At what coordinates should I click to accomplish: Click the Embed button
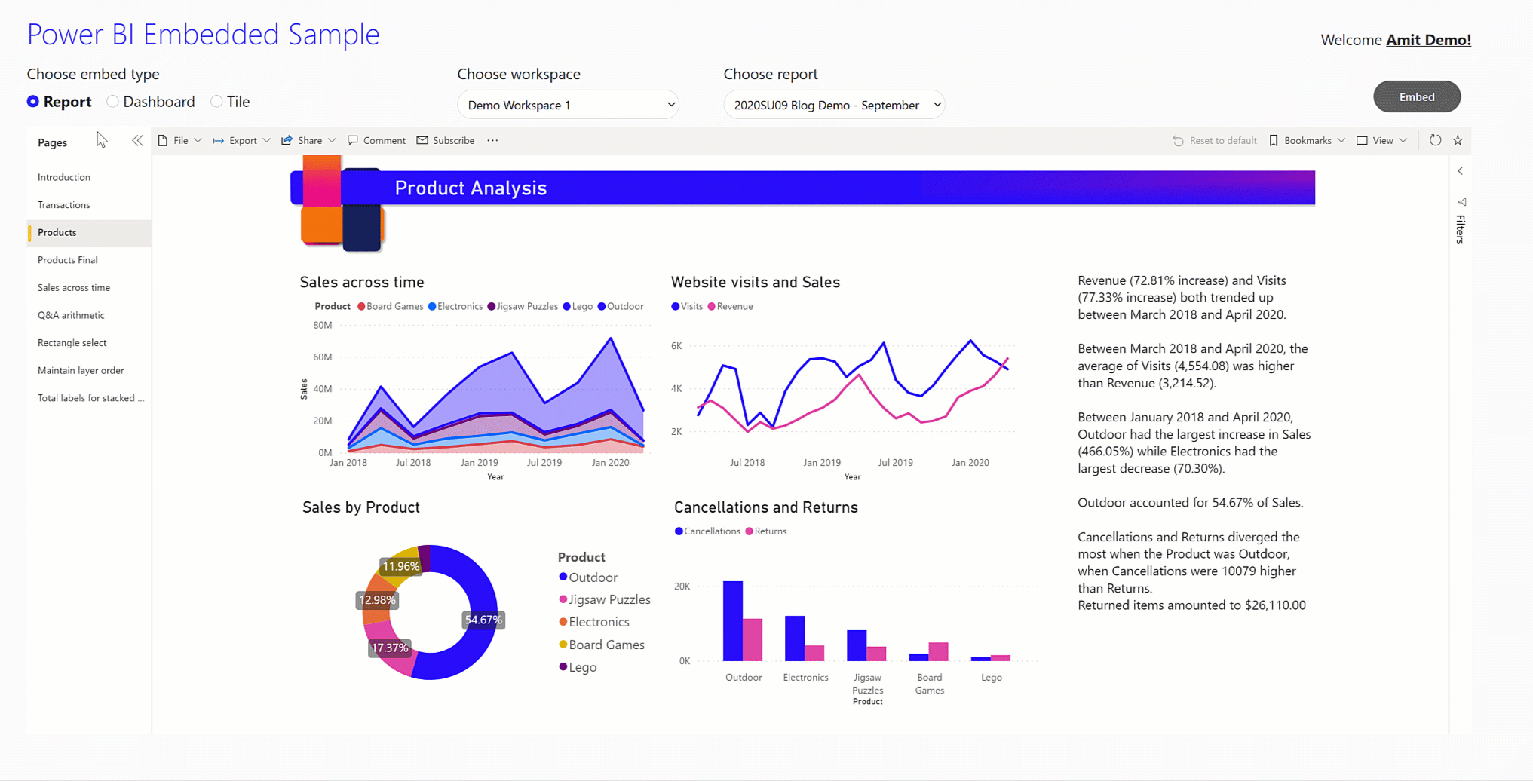[x=1416, y=96]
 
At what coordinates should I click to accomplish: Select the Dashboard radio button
[x=113, y=101]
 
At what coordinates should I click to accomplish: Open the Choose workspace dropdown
[x=568, y=105]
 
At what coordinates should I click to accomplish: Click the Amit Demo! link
[x=1428, y=40]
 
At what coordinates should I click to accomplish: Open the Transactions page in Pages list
[x=64, y=205]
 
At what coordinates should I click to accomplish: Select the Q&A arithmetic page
[x=71, y=315]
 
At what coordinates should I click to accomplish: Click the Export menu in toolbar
[x=242, y=141]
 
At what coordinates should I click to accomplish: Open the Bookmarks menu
[x=1307, y=141]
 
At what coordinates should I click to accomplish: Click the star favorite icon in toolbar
[x=1458, y=141]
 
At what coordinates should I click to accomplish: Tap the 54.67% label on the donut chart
[x=483, y=620]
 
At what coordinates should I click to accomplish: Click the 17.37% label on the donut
[x=389, y=648]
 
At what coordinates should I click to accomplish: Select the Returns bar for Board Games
[x=938, y=651]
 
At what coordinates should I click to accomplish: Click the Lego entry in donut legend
[x=582, y=667]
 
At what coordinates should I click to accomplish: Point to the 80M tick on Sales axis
[x=322, y=325]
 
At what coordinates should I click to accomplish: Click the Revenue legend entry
[x=734, y=306]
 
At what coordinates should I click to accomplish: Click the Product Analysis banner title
[x=471, y=188]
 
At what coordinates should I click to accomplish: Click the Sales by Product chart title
[x=361, y=507]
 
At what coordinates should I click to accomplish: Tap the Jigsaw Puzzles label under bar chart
[x=867, y=683]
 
